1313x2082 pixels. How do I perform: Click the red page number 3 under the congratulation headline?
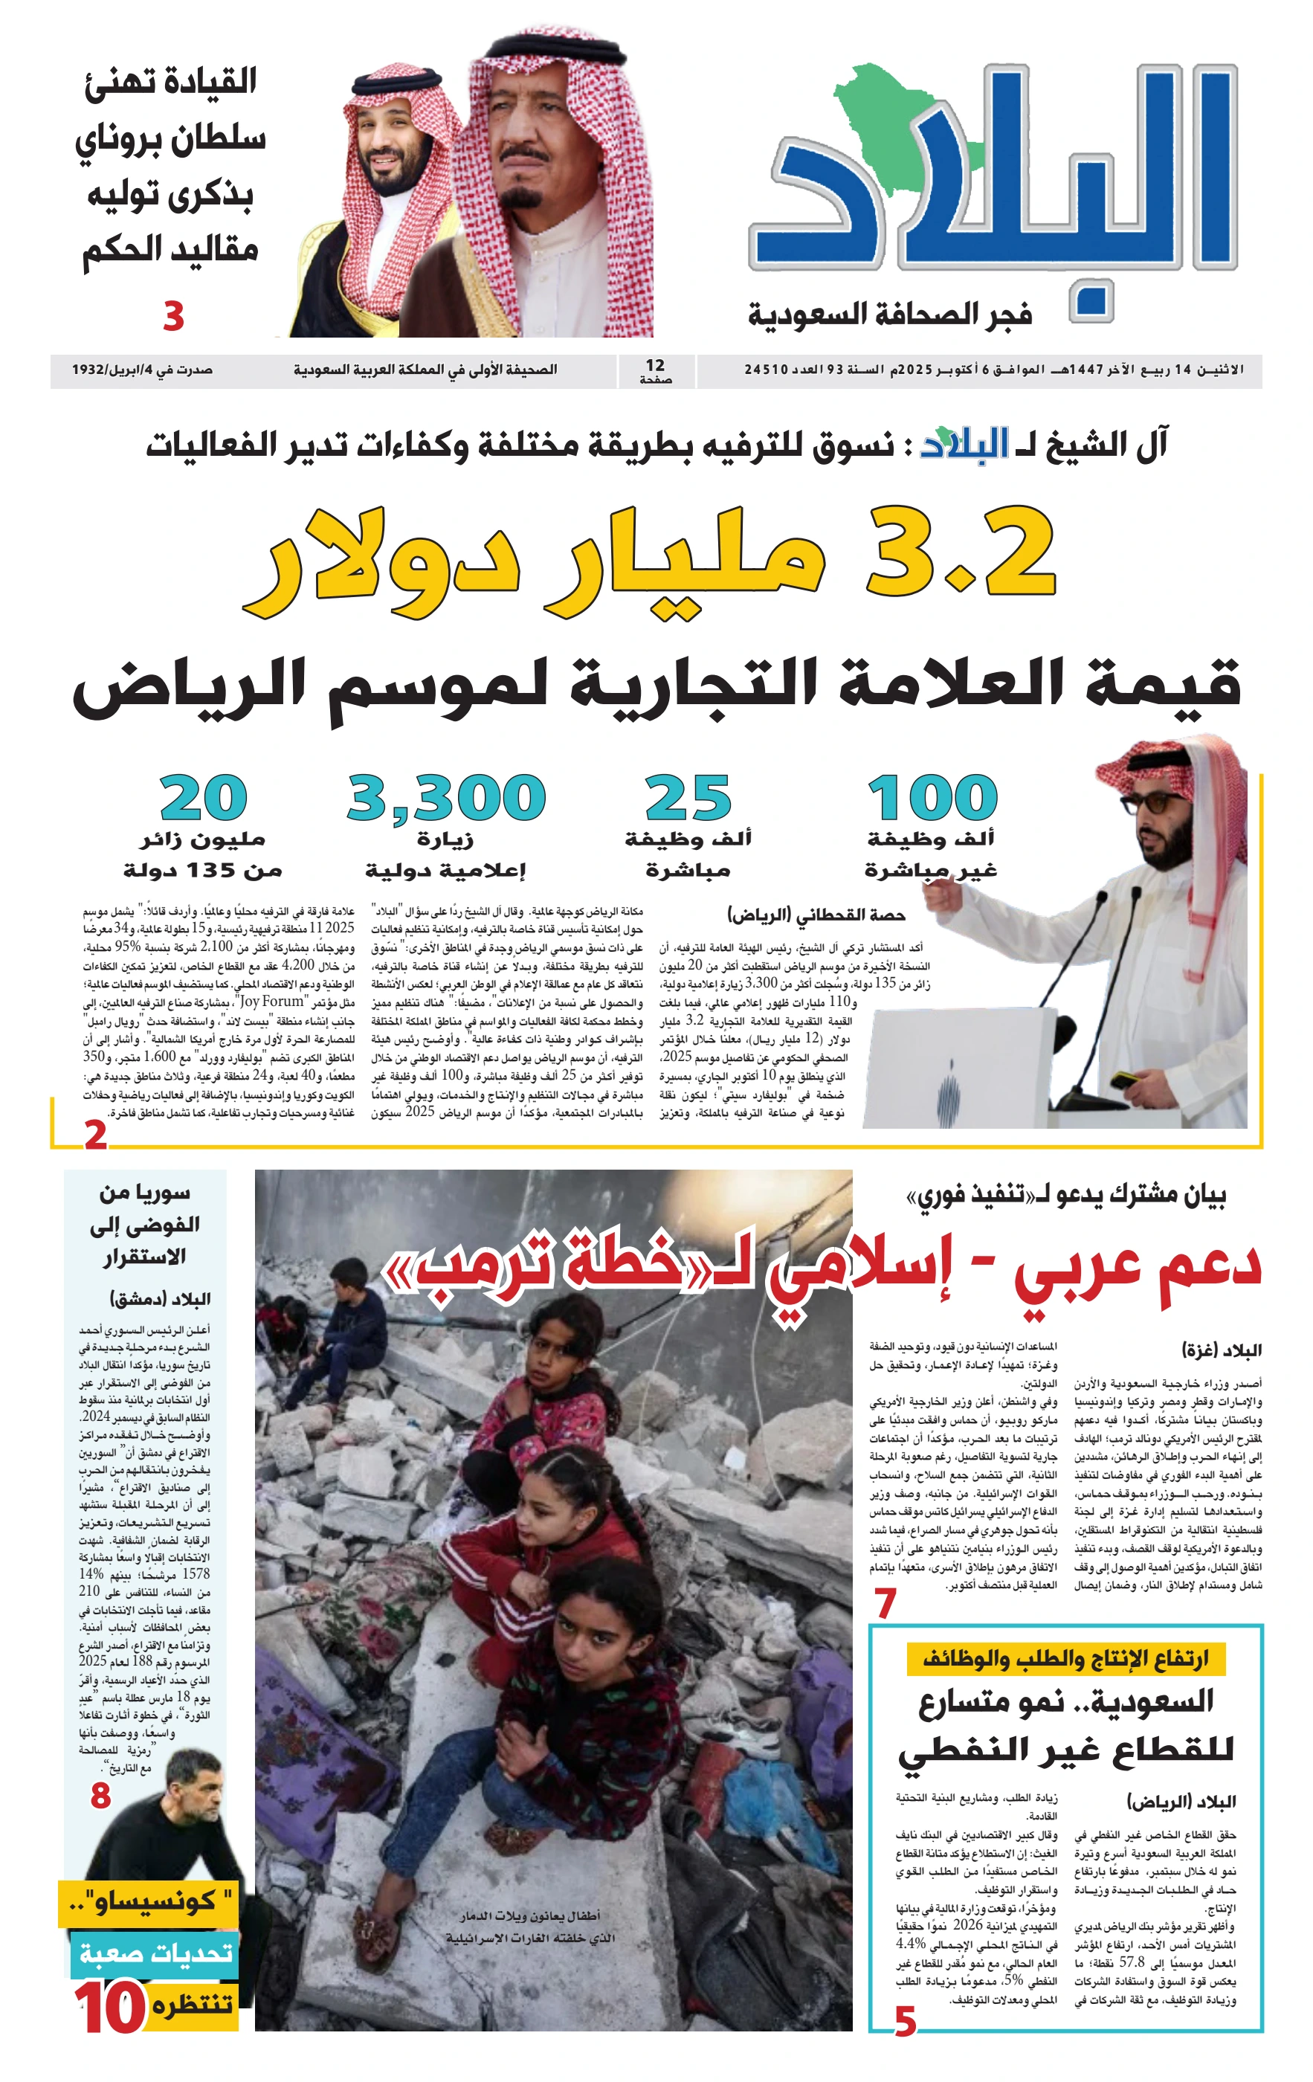point(174,317)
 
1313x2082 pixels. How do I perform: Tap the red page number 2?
point(95,1133)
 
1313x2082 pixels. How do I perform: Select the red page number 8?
point(100,1796)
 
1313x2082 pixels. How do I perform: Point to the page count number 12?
point(655,366)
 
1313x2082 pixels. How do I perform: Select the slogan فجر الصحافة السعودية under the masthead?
point(889,314)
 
